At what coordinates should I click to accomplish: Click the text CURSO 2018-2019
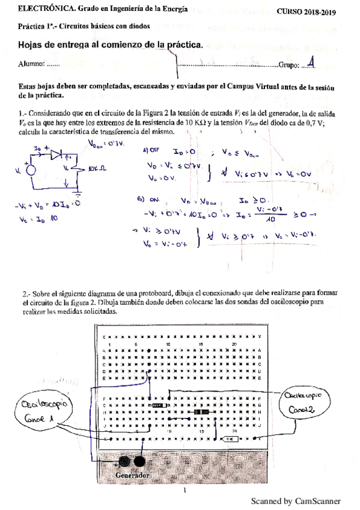pyautogui.click(x=307, y=12)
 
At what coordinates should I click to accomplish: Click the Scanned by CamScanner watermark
pyautogui.click(x=295, y=500)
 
